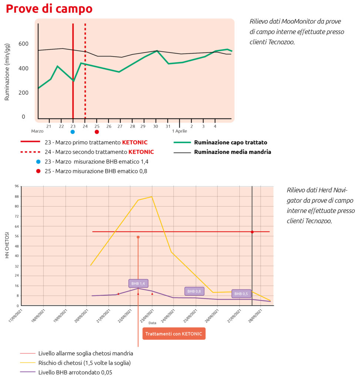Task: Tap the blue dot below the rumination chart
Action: click(73, 131)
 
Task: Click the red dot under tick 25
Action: click(97, 131)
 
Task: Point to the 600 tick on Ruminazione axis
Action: click(23, 44)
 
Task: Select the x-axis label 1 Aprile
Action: click(179, 131)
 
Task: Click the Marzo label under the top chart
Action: click(37, 131)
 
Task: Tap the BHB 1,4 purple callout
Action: click(138, 284)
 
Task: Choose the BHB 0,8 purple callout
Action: click(194, 291)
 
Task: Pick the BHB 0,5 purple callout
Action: click(241, 294)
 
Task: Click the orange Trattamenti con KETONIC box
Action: click(174, 334)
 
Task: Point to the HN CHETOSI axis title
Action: click(7, 245)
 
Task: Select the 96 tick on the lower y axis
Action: click(17, 186)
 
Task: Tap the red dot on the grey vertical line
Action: click(252, 232)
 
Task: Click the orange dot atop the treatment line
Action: click(138, 237)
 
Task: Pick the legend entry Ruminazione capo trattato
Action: click(231, 142)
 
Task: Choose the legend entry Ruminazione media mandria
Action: click(232, 152)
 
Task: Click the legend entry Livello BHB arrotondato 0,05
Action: click(75, 372)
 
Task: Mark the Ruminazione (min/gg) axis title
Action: click(7, 71)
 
